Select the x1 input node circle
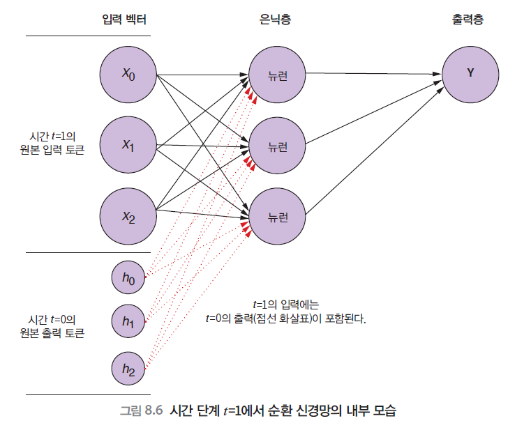coord(128,146)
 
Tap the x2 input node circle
coord(128,217)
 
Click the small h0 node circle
coord(128,277)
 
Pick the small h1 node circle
coord(128,321)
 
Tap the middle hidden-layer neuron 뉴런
coord(278,146)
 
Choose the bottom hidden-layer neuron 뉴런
coord(278,217)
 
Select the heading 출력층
coord(468,20)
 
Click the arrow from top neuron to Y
coord(373,72)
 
